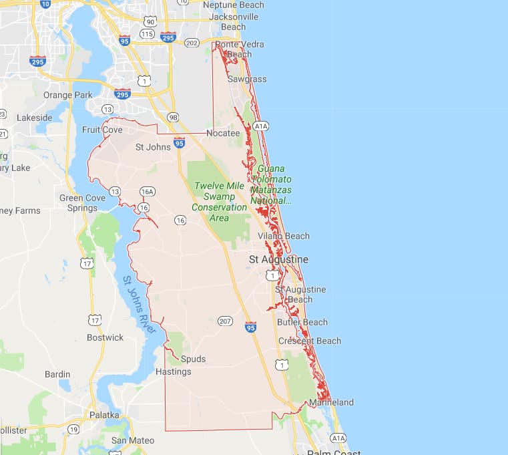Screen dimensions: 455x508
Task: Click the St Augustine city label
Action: tap(278, 259)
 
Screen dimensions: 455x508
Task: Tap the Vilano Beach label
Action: tap(284, 236)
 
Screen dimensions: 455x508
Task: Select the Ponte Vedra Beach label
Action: tap(239, 49)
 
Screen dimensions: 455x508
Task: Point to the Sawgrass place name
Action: tap(247, 79)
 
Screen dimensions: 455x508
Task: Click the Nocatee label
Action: tap(223, 133)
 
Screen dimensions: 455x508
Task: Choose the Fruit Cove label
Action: tap(102, 130)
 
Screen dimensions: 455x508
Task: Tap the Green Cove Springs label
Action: tap(82, 202)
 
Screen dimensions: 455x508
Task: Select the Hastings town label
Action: tap(173, 371)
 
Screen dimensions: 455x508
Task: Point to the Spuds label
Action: tap(193, 359)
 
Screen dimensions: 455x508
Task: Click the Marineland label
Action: tap(331, 402)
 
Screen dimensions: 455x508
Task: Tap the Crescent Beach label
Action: tap(310, 341)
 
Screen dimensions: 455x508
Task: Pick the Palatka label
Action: tap(104, 415)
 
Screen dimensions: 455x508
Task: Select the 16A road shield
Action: tap(148, 192)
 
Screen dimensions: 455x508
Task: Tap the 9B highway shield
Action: tap(174, 118)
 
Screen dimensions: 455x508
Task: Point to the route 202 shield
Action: tap(192, 43)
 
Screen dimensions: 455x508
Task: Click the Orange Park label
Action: tap(68, 95)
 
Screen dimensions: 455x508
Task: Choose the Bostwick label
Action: tap(105, 337)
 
